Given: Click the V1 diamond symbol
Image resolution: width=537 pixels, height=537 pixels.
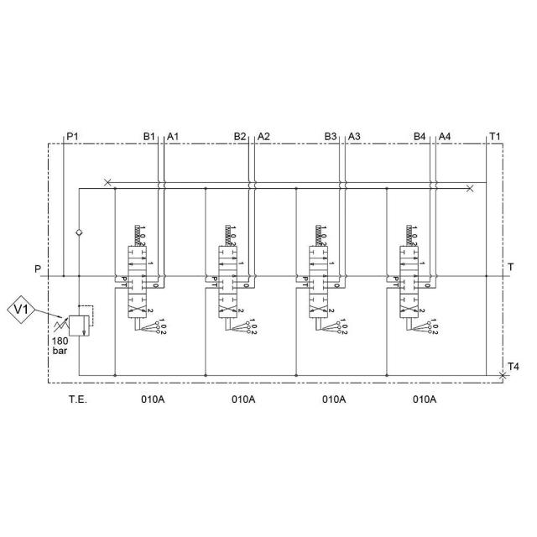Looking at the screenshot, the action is (23, 310).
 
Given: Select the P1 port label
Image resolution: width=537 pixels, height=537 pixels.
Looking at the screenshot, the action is (73, 135).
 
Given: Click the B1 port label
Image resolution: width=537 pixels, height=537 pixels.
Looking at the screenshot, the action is (149, 135).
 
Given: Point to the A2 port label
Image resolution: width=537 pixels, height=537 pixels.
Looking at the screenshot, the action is (263, 135).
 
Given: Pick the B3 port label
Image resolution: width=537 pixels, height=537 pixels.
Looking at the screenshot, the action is (331, 135).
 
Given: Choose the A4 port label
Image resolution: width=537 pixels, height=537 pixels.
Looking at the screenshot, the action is (445, 135).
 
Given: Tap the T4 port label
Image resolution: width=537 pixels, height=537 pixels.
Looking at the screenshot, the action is (513, 366).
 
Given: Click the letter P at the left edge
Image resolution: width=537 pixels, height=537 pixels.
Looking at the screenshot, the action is (37, 269).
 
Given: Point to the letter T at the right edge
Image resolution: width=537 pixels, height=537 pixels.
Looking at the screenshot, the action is (511, 268).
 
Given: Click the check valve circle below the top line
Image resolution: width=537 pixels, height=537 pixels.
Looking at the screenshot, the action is (79, 232).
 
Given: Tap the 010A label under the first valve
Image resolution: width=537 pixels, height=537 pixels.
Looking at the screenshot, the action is (153, 399).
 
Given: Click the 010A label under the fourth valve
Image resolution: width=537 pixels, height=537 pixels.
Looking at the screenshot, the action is (425, 399).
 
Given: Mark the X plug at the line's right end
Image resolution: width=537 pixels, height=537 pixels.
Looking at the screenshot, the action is (470, 189).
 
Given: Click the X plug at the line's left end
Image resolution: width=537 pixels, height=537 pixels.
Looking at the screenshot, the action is (107, 182).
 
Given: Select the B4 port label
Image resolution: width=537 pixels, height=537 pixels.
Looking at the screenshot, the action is (421, 135).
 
